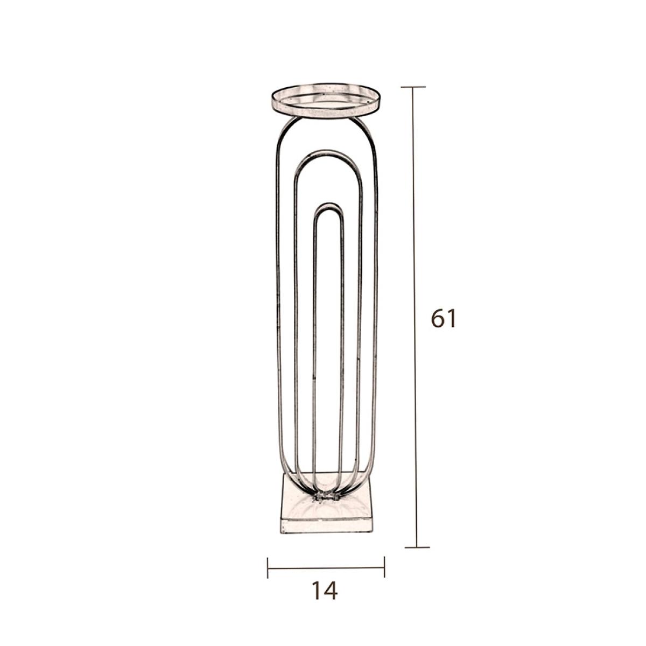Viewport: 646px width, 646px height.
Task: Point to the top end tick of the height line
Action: coord(413,87)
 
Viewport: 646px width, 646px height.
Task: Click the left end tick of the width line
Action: coord(268,568)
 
